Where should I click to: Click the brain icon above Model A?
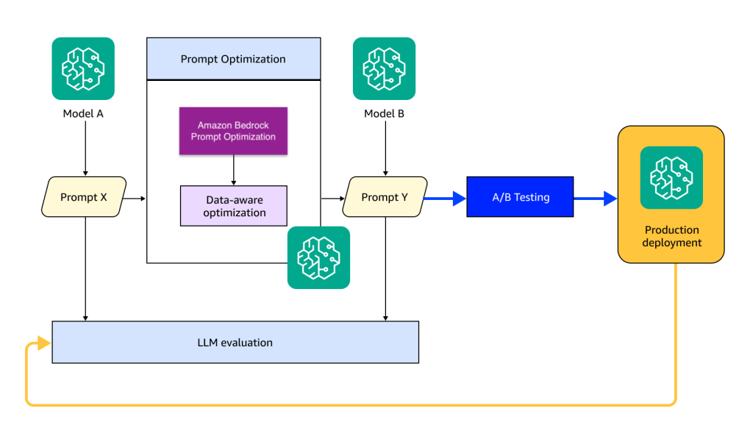pyautogui.click(x=82, y=68)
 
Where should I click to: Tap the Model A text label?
pyautogui.click(x=82, y=114)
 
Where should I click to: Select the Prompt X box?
pyautogui.click(x=84, y=197)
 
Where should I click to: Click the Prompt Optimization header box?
pyautogui.click(x=233, y=59)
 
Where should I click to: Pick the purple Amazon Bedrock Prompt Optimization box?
pyautogui.click(x=233, y=131)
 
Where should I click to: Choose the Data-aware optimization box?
pyautogui.click(x=233, y=205)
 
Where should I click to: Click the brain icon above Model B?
pyautogui.click(x=384, y=68)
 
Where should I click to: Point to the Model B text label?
pyautogui.click(x=384, y=114)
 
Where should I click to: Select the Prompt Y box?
pyautogui.click(x=385, y=197)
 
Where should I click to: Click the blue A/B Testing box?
pyautogui.click(x=520, y=197)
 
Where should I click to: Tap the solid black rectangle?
pyautogui.click(x=501, y=124)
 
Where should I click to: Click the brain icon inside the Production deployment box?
pyautogui.click(x=671, y=177)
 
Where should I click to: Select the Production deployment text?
pyautogui.click(x=671, y=236)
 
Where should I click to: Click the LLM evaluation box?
pyautogui.click(x=235, y=342)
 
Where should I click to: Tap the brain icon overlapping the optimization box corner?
pyautogui.click(x=318, y=257)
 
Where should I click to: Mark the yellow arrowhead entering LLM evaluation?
pyautogui.click(x=44, y=343)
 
